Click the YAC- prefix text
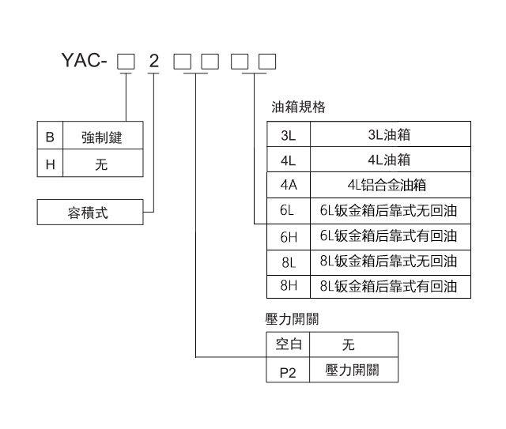[x=82, y=61]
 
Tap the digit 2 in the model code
[x=153, y=61]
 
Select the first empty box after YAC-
[x=125, y=61]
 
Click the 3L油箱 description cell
[x=389, y=135]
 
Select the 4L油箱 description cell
[x=389, y=160]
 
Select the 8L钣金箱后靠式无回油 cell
[x=389, y=261]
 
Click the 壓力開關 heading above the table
[x=293, y=319]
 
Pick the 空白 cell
[x=288, y=344]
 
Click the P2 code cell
[x=288, y=371]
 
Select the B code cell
[x=51, y=137]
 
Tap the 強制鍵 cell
[x=101, y=137]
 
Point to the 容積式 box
[x=90, y=213]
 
